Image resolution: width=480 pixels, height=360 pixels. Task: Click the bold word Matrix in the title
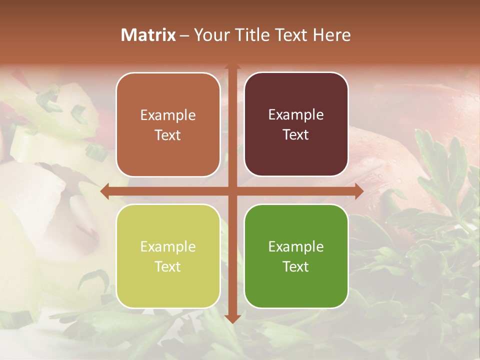pos(148,35)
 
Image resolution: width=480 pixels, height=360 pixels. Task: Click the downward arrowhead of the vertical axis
pos(232,318)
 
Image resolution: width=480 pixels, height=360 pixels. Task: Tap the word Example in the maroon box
pos(296,115)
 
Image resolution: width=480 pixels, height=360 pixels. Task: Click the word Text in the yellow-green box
pos(168,267)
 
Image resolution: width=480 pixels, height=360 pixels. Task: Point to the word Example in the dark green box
pos(296,246)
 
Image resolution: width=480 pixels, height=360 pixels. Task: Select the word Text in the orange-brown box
pos(168,135)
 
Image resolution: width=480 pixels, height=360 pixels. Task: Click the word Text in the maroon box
pos(296,135)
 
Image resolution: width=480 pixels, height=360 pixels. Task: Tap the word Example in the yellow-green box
pos(168,247)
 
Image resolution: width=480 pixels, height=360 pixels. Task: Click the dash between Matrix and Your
pos(184,35)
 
